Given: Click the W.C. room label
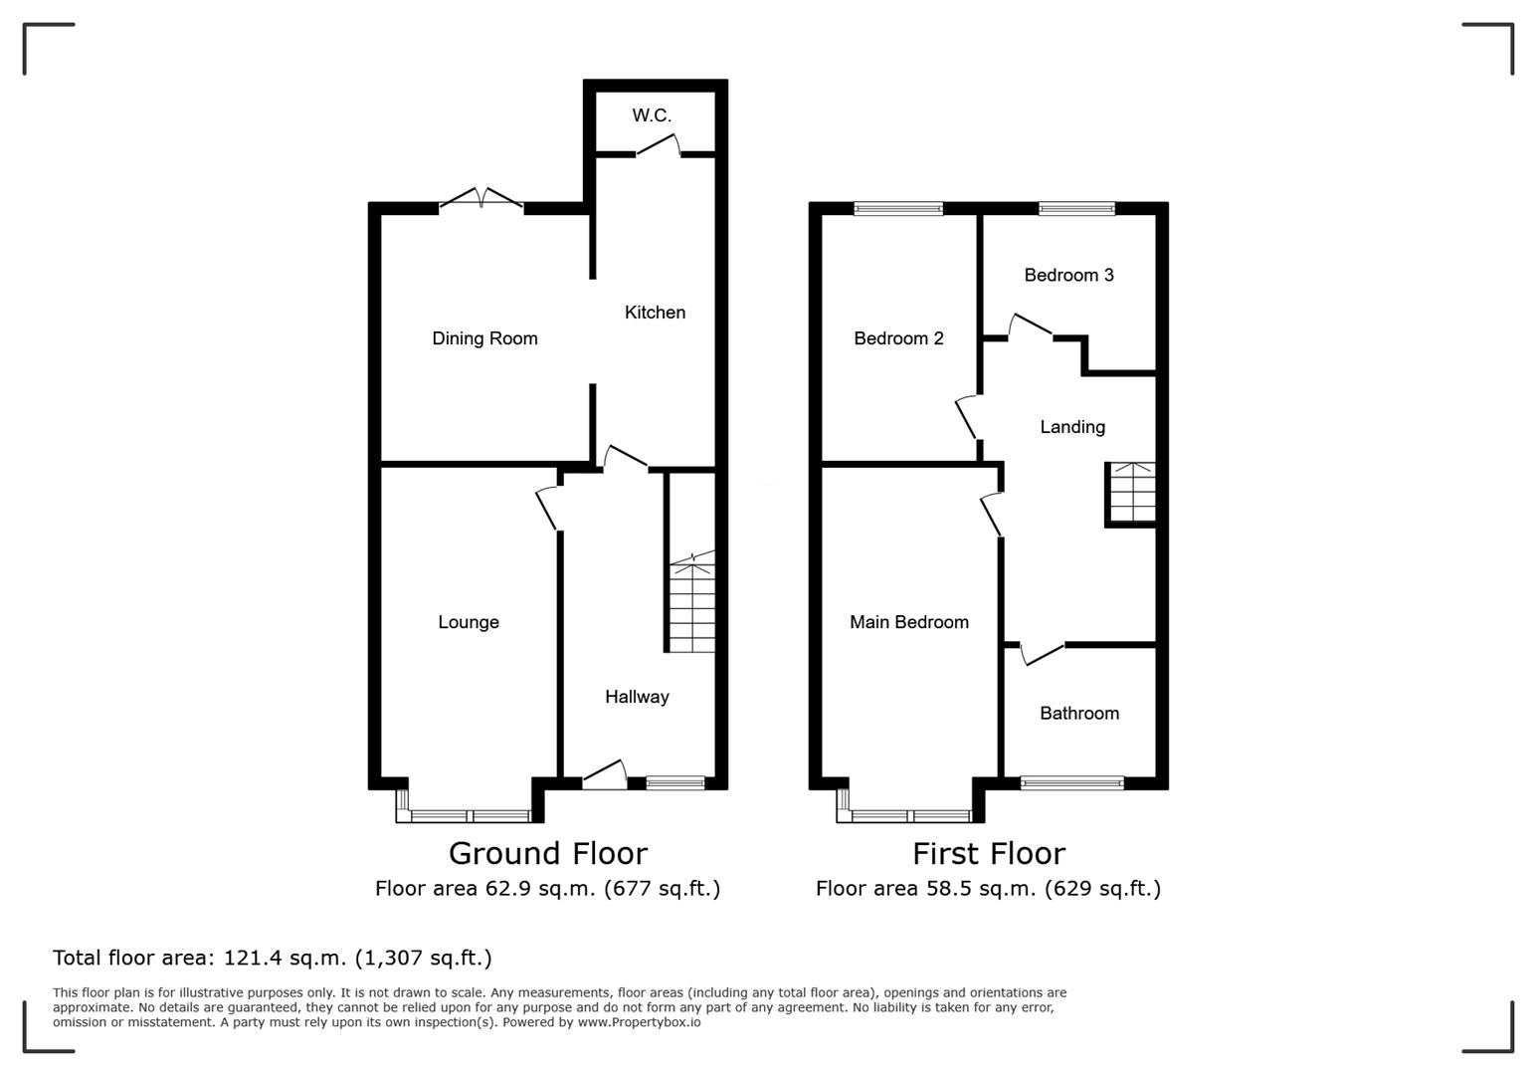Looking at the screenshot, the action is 652,115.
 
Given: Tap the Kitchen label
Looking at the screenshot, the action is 655,313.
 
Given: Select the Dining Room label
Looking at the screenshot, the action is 484,338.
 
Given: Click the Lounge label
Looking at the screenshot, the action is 469,622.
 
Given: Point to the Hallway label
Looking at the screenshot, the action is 637,697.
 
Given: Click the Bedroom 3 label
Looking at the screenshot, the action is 1068,275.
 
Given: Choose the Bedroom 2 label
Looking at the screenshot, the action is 898,338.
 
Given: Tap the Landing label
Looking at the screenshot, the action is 1072,427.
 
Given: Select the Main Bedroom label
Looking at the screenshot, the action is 908,622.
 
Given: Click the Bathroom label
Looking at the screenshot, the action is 1079,713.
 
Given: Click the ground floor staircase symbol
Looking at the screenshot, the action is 691,605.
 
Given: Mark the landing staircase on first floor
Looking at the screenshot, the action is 1132,493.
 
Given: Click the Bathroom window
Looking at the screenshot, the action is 1072,783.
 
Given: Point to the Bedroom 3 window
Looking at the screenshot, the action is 1076,208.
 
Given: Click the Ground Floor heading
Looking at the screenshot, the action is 547,853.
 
